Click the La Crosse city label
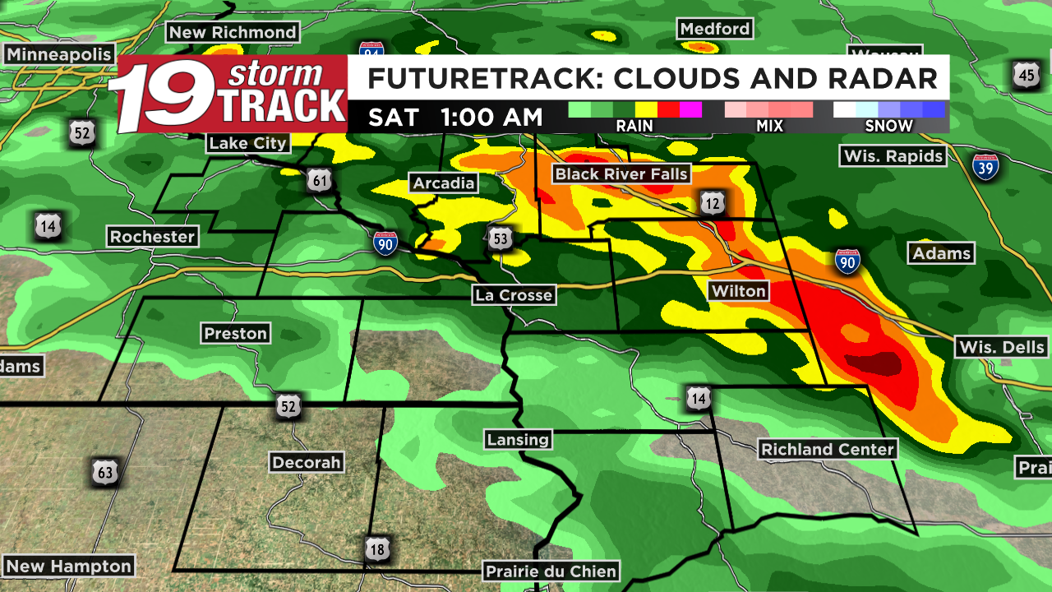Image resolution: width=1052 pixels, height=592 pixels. click(x=514, y=294)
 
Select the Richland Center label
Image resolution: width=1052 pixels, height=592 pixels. click(x=827, y=449)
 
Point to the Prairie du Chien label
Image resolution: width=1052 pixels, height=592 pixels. click(x=551, y=571)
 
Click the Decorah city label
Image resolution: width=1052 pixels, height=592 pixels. click(x=307, y=462)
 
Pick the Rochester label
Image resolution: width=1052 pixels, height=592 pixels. click(x=153, y=237)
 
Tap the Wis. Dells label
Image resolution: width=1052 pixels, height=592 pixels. click(x=1002, y=347)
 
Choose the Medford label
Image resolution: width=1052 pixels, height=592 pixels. click(x=715, y=29)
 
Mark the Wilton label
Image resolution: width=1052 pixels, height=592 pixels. click(x=739, y=291)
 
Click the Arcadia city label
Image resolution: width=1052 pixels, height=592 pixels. click(x=444, y=183)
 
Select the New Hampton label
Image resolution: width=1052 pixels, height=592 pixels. click(x=68, y=566)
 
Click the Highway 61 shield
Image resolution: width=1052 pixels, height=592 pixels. click(x=320, y=180)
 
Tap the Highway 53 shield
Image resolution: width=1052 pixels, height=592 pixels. click(x=501, y=238)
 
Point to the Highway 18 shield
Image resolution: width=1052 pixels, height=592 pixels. click(x=377, y=548)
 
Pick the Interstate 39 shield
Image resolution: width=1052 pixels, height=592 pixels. click(x=985, y=166)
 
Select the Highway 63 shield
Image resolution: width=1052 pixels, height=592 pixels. click(x=105, y=472)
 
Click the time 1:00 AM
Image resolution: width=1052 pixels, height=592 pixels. click(x=491, y=117)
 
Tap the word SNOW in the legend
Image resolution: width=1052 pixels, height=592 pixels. click(x=888, y=126)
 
